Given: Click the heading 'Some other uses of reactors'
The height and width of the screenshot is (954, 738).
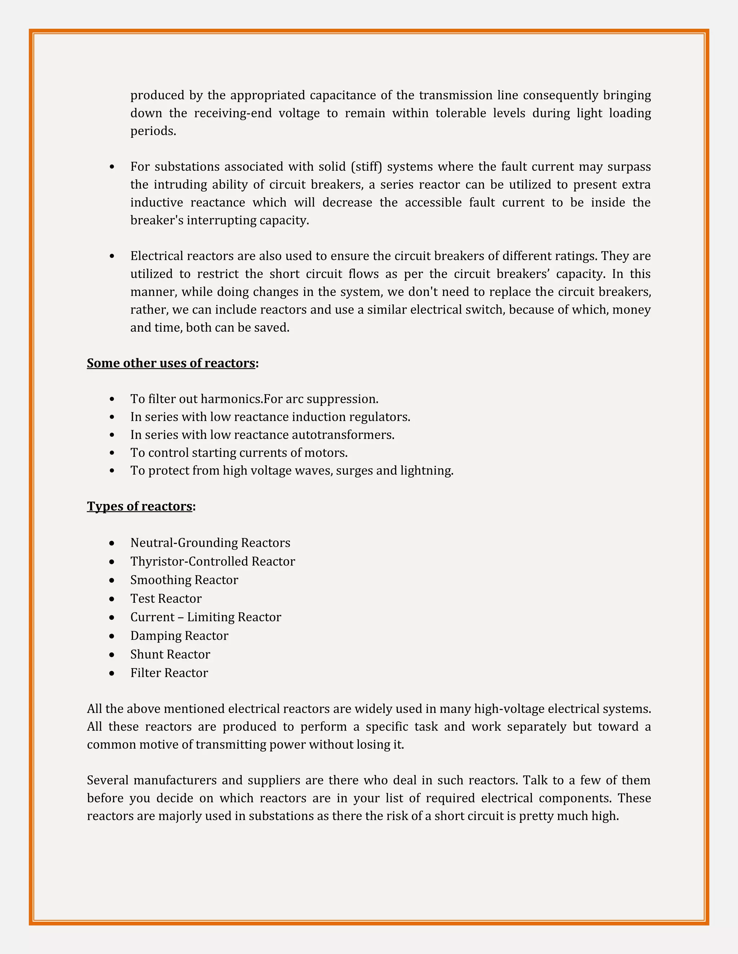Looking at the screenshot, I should (x=171, y=363).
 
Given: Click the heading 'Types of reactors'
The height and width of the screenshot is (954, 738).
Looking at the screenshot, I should (x=139, y=506).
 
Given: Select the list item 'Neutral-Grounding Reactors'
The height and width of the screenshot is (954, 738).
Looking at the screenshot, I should (x=210, y=543).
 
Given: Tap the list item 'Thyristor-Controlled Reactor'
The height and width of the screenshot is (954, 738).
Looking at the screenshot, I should (x=213, y=561).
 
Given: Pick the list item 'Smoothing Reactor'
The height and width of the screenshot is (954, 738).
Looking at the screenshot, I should (x=184, y=580).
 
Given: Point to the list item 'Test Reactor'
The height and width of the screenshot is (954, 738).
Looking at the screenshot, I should (x=166, y=598).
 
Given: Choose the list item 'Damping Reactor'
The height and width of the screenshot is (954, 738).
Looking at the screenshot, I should (x=179, y=635).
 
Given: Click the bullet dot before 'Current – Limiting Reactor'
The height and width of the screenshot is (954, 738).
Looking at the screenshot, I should (x=112, y=617).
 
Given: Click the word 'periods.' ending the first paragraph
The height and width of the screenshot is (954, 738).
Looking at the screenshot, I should (x=153, y=131).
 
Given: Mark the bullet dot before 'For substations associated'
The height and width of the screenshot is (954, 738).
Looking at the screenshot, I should (x=112, y=167).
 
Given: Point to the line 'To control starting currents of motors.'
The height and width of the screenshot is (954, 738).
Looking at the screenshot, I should (x=239, y=453).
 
